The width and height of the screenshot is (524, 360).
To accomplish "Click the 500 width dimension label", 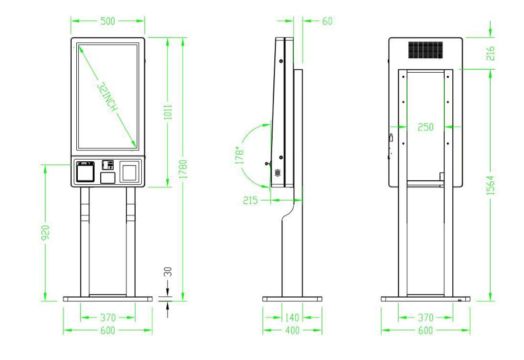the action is point(107,21).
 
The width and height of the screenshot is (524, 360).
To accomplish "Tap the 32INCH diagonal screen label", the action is point(107,97).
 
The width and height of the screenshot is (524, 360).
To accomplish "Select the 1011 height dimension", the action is point(168,112).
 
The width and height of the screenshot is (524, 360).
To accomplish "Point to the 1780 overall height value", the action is point(183,169).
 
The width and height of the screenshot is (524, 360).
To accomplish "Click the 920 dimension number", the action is point(46,232).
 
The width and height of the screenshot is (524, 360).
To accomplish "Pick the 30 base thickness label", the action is point(168,271).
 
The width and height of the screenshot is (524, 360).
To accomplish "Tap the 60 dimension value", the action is point(327,21).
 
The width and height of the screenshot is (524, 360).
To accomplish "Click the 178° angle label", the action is point(239,155).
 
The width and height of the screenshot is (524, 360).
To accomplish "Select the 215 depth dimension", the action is point(250,200).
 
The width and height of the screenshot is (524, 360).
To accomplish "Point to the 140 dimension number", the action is point(292,317).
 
